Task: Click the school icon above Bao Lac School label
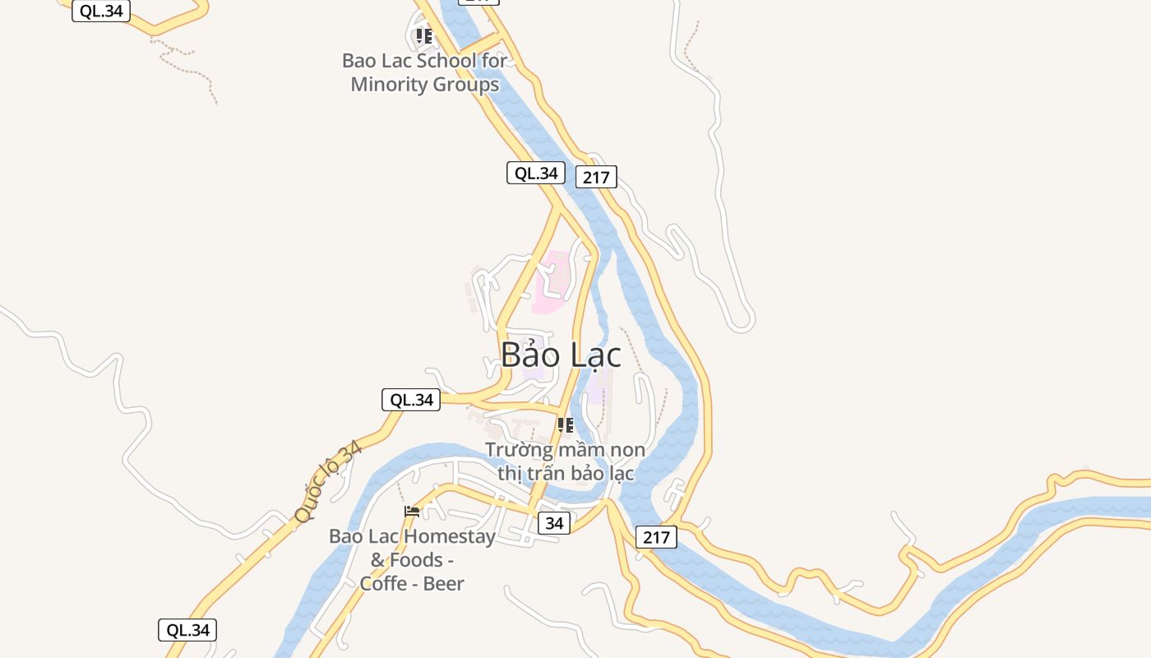pyautogui.click(x=424, y=36)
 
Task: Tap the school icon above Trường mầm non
pyautogui.click(x=565, y=425)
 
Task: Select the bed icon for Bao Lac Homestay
pyautogui.click(x=412, y=512)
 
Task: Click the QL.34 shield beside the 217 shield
pyautogui.click(x=535, y=173)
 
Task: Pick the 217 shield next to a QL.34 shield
pyautogui.click(x=596, y=177)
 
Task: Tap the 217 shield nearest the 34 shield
pyautogui.click(x=656, y=537)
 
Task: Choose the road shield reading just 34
pyautogui.click(x=554, y=523)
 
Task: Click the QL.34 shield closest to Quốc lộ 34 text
pyautogui.click(x=411, y=400)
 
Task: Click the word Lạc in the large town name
pyautogui.click(x=592, y=355)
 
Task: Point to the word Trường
pyautogui.click(x=517, y=450)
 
